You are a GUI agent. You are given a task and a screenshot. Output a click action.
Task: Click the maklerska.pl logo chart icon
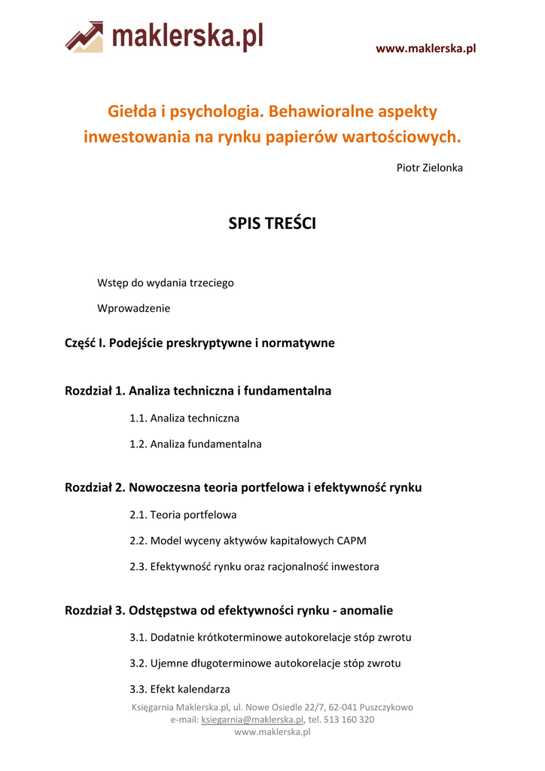pos(84,37)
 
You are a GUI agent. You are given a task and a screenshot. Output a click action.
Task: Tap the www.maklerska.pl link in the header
pos(425,49)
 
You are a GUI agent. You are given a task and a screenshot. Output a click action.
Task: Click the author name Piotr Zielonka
pos(429,167)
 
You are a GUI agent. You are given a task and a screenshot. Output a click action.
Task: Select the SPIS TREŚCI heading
pos(272,224)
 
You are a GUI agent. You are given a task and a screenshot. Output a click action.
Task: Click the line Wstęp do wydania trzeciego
pos(166,282)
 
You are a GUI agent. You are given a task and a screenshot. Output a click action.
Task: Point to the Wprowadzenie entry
pos(134,308)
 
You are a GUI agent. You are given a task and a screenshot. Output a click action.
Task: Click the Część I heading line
pos(199,343)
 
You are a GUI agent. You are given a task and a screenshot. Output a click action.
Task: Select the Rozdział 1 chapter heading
pos(198,391)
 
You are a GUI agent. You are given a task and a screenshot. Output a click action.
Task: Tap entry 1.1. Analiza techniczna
pos(184,418)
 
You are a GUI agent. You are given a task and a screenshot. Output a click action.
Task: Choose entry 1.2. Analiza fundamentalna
pos(196,444)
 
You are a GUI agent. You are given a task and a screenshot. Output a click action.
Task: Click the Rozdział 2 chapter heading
pos(243,487)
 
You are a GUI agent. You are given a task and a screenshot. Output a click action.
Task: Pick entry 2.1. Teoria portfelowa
pos(183,515)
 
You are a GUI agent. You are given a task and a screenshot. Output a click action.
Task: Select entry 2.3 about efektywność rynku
pos(254,566)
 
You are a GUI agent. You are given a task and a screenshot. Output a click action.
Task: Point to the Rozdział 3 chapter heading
pos(229,611)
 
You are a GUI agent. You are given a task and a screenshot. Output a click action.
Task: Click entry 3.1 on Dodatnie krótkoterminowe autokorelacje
pos(270,638)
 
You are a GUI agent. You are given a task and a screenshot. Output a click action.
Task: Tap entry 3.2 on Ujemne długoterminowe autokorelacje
pos(265,663)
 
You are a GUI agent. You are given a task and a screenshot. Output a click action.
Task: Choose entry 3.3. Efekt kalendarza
pos(180,689)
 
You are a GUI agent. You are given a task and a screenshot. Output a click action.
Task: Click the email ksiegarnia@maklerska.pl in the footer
pos(252,720)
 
